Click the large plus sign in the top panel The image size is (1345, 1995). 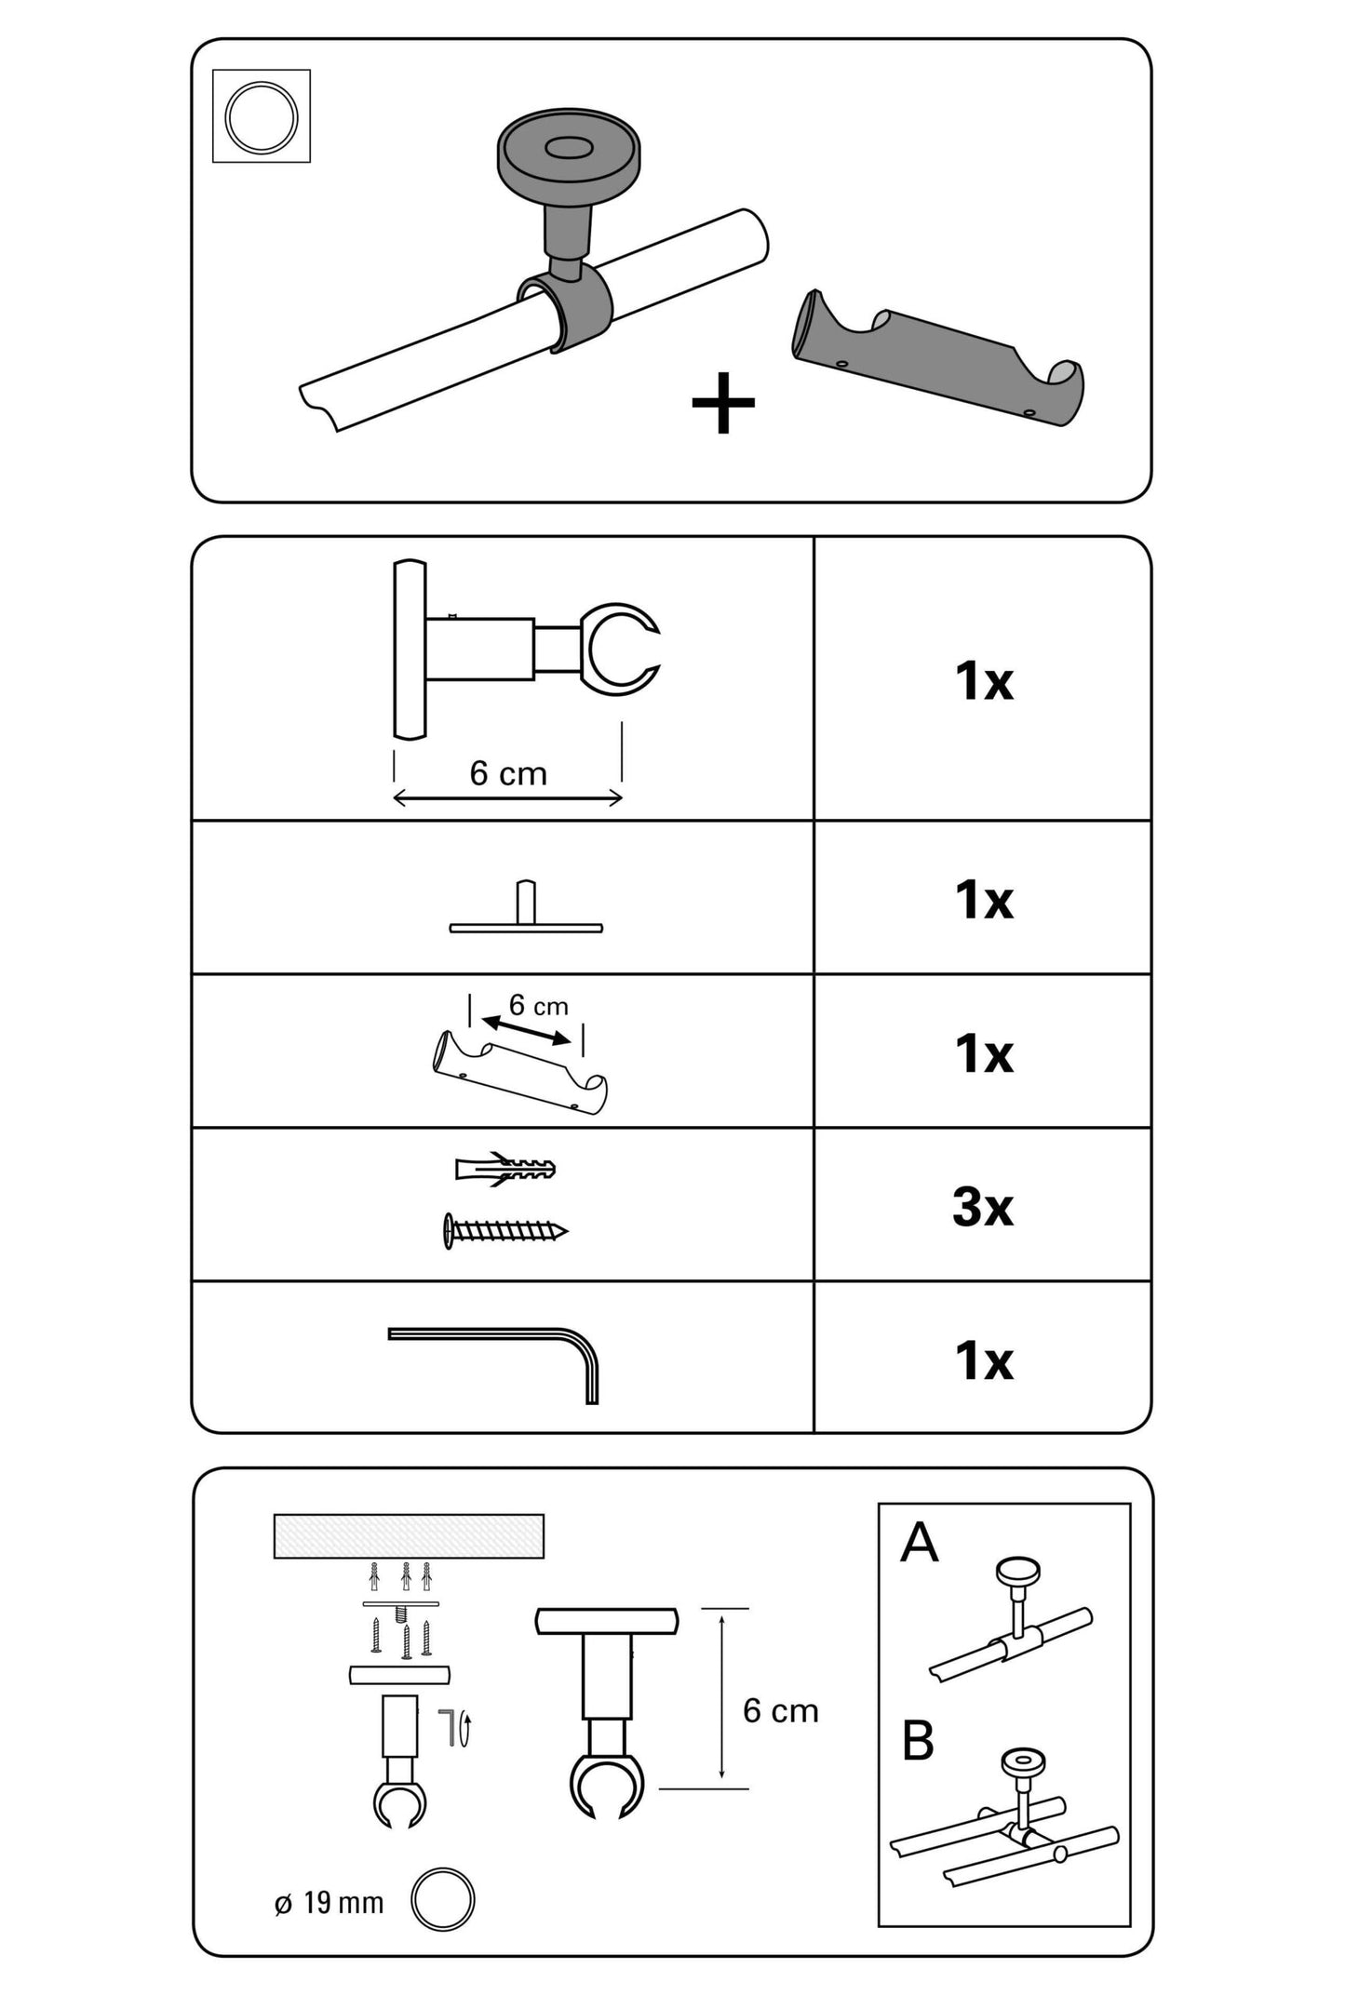pyautogui.click(x=723, y=404)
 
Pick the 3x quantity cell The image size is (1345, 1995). pyautogui.click(x=983, y=1207)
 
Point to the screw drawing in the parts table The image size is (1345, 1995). pyautogui.click(x=505, y=1231)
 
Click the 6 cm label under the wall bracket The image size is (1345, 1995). pyautogui.click(x=508, y=773)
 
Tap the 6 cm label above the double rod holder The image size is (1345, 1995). pyautogui.click(x=538, y=1006)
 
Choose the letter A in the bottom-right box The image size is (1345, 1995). pyautogui.click(x=919, y=1543)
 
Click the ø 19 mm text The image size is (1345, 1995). pyautogui.click(x=330, y=1903)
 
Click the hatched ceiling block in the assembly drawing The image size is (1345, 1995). pyautogui.click(x=409, y=1535)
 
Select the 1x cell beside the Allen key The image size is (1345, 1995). pyautogui.click(x=983, y=1360)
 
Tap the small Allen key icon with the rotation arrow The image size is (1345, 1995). pyautogui.click(x=456, y=1728)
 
